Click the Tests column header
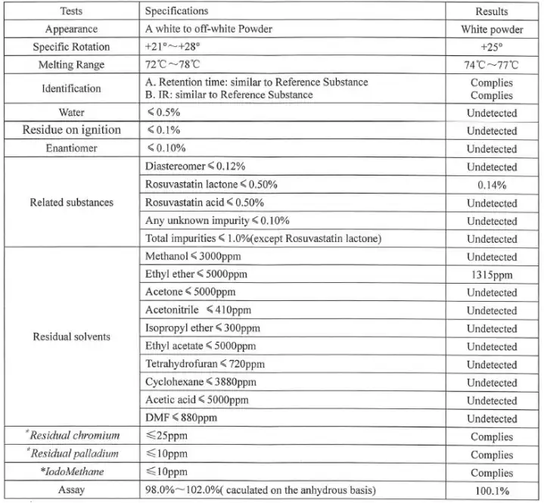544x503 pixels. [72, 11]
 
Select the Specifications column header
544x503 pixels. [176, 11]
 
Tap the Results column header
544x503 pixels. [491, 11]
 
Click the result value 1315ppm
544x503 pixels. [491, 275]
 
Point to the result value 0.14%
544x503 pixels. [491, 185]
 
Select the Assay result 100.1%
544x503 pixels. [491, 491]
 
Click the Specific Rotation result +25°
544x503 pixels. [491, 47]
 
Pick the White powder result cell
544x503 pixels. [491, 29]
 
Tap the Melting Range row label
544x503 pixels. [71, 65]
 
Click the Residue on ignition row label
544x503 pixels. [72, 130]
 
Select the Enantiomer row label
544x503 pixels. [71, 148]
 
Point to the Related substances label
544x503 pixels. [71, 203]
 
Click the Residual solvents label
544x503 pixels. [71, 337]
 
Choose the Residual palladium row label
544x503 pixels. [71, 455]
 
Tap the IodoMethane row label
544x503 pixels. [71, 473]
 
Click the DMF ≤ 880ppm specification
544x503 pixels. [181, 418]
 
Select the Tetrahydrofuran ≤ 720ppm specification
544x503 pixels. [204, 364]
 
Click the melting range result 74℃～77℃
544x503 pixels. [491, 65]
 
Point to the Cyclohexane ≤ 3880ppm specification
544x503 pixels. [201, 382]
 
